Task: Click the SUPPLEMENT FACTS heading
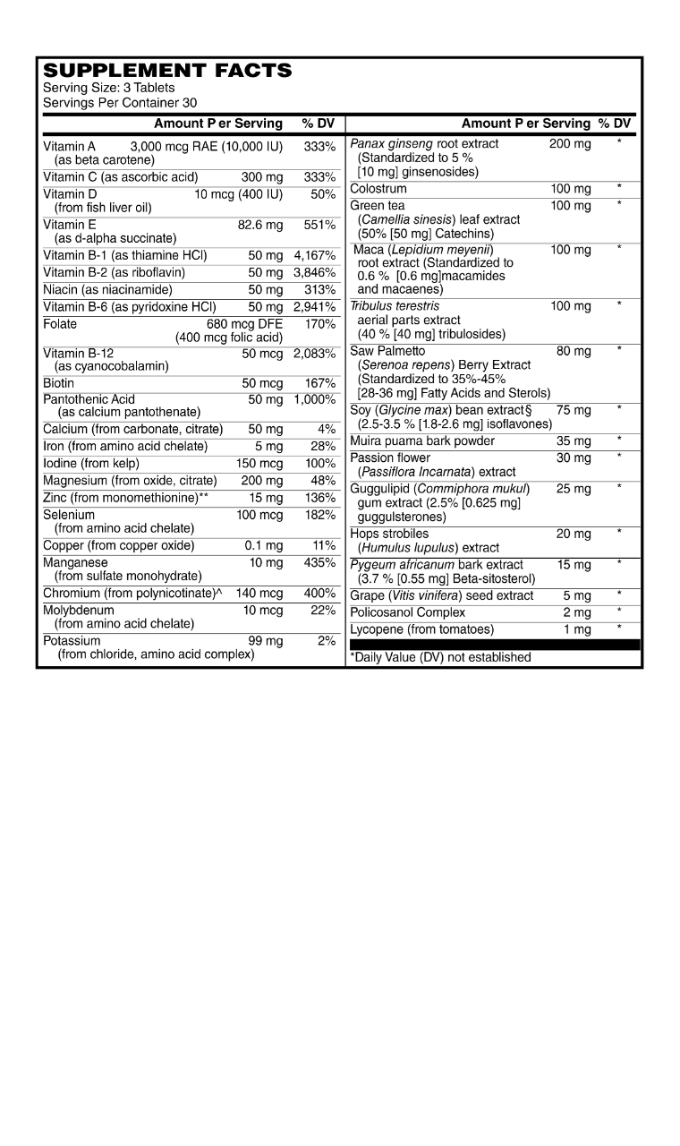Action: click(x=167, y=70)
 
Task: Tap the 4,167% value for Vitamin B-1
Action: click(x=314, y=255)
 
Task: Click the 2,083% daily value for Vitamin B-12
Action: click(x=314, y=354)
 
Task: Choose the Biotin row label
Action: click(x=59, y=383)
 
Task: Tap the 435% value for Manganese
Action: click(x=319, y=563)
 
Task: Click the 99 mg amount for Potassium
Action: click(x=265, y=641)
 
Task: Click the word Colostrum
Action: click(x=378, y=189)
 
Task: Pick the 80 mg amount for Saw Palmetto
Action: click(x=574, y=351)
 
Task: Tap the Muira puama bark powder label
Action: click(x=422, y=441)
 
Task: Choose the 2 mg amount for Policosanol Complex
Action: click(x=577, y=613)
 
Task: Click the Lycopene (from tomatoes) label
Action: click(x=420, y=630)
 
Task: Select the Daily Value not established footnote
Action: click(x=440, y=657)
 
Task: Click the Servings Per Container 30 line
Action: click(x=120, y=103)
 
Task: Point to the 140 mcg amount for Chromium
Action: click(x=259, y=594)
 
